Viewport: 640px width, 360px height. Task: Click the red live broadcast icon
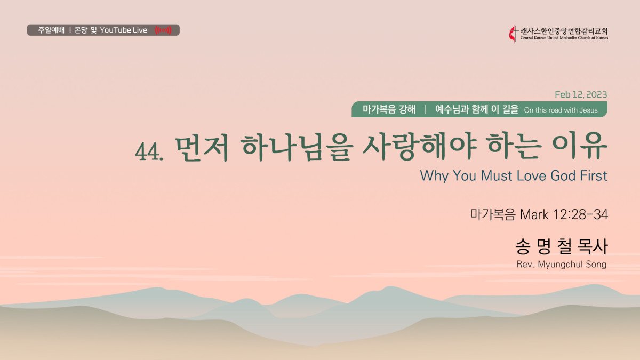point(163,30)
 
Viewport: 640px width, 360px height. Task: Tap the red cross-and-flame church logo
point(513,34)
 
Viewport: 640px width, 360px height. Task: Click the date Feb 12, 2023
point(581,94)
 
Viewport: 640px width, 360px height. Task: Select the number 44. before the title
point(149,151)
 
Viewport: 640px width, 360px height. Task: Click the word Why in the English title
point(434,176)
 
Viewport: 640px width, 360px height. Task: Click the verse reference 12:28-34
point(581,214)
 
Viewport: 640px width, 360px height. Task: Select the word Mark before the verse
point(534,214)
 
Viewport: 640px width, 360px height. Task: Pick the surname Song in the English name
point(596,265)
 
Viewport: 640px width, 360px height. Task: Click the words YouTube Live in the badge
point(123,30)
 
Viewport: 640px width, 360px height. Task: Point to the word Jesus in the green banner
point(589,110)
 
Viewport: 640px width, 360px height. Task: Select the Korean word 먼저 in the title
point(202,149)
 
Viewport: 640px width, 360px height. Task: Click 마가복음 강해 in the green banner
point(389,109)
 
